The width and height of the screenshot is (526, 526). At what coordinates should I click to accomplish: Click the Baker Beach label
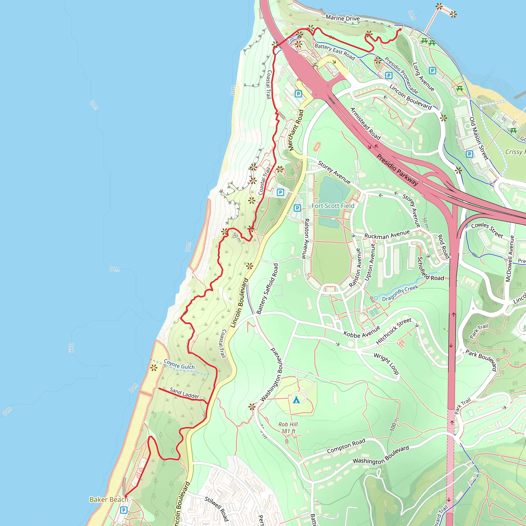[109, 499]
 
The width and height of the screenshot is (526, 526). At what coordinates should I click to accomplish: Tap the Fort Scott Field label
[333, 206]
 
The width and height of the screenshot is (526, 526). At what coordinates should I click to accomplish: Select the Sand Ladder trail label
[184, 393]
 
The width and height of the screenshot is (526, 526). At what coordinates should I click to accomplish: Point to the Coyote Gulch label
[179, 364]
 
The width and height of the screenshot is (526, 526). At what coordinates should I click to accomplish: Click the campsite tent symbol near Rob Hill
[296, 400]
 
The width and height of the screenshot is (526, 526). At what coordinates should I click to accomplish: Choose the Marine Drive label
[343, 18]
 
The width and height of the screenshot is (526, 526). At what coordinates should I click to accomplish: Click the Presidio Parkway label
[397, 170]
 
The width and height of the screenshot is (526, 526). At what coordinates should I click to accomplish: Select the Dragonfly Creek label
[400, 293]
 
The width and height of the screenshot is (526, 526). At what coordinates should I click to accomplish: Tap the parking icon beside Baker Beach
[124, 510]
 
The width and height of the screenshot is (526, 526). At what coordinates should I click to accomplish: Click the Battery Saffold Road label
[267, 289]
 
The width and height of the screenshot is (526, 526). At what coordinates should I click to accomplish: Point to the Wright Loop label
[386, 363]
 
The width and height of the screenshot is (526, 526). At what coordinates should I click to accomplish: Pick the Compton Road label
[346, 446]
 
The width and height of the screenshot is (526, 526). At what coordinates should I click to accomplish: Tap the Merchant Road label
[296, 130]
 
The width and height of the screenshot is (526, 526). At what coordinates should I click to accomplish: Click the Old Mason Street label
[479, 138]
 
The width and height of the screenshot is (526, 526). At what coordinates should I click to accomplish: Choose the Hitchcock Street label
[394, 331]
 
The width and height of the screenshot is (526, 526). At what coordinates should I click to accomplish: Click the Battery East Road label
[335, 52]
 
